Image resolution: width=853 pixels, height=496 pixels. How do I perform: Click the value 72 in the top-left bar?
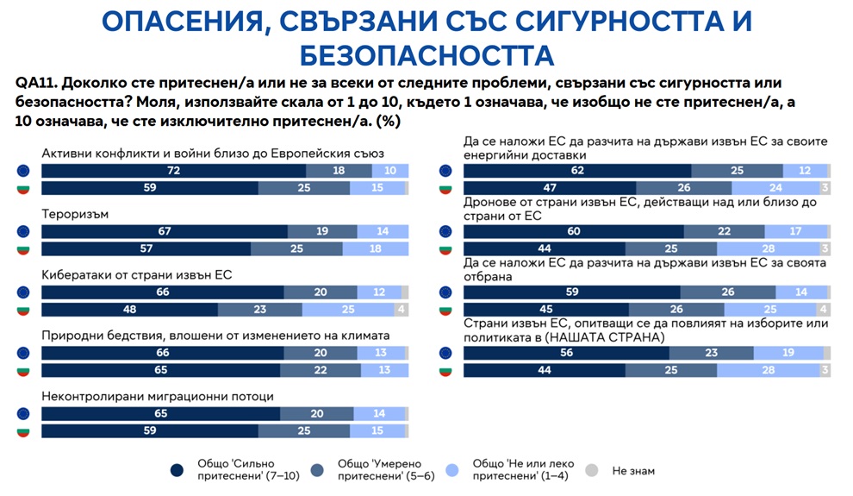[172, 172]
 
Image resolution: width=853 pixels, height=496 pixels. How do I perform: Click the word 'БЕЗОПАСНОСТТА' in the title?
[426, 55]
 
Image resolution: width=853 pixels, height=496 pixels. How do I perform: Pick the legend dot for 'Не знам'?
[590, 471]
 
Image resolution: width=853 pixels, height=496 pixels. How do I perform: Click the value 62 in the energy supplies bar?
[577, 171]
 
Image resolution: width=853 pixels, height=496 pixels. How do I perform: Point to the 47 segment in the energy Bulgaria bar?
[549, 188]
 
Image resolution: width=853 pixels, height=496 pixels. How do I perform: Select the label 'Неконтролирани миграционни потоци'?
[158, 397]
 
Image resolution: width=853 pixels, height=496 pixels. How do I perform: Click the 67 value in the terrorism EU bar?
[164, 231]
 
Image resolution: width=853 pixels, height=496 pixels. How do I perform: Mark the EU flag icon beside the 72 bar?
[24, 172]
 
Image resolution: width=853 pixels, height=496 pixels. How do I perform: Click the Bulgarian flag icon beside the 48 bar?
[24, 310]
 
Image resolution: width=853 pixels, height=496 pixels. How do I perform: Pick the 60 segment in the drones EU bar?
[573, 231]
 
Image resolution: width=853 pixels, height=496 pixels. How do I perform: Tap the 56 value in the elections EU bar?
[565, 353]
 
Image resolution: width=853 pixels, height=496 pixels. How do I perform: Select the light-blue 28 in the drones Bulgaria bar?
[769, 248]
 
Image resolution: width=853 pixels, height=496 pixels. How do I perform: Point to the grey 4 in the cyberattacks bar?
[400, 310]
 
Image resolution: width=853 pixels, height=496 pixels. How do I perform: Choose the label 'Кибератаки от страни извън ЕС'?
[137, 275]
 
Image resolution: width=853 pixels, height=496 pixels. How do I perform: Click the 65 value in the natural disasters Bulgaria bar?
[160, 370]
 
